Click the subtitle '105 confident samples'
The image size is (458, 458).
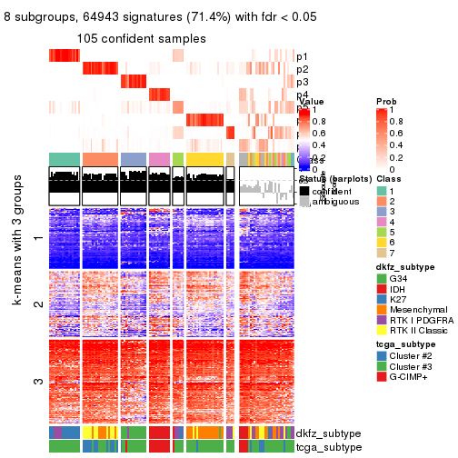click(141, 38)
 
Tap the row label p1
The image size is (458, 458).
click(302, 56)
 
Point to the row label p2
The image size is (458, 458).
click(302, 69)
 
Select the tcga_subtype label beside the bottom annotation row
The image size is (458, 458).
click(324, 446)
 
